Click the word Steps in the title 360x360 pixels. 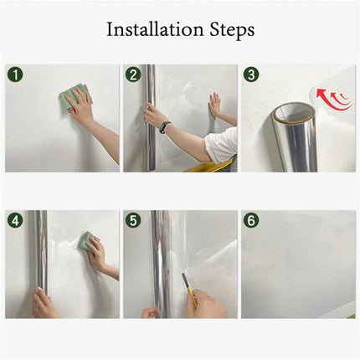click(227, 30)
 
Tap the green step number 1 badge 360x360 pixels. click(16, 76)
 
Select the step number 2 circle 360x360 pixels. click(134, 76)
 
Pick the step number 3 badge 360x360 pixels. click(252, 76)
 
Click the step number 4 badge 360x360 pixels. click(16, 222)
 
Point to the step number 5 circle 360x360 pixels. click(134, 222)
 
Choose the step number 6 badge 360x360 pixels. click(252, 222)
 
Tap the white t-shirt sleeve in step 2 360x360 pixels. click(219, 149)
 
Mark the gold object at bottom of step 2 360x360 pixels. click(201, 167)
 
